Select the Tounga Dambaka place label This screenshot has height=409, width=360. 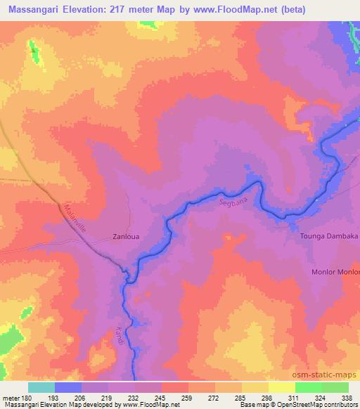(x=330, y=238)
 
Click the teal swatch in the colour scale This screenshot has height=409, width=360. (x=41, y=387)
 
